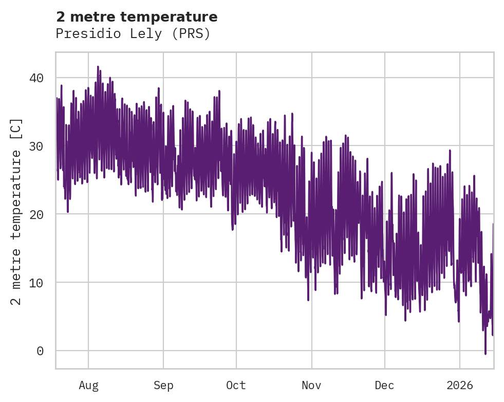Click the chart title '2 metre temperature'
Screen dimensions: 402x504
point(137,17)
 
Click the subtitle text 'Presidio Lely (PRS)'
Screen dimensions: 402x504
point(133,34)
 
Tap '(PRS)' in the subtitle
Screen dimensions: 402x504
point(191,34)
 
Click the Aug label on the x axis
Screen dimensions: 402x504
point(88,385)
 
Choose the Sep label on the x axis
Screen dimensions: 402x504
point(163,385)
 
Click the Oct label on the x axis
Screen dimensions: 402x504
point(236,385)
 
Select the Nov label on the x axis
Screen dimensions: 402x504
point(311,385)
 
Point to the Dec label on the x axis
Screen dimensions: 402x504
point(384,385)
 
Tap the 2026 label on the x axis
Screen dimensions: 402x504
point(459,385)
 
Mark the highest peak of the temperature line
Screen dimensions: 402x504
point(98,67)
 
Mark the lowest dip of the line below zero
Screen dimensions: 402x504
point(485,354)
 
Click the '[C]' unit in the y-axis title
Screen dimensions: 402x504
point(16,127)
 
